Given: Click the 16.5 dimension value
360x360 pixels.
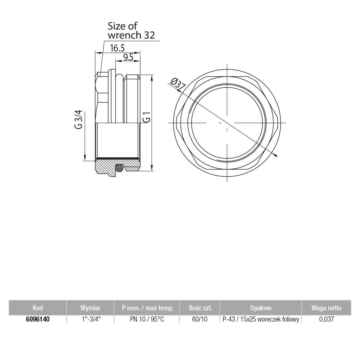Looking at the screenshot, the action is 117,48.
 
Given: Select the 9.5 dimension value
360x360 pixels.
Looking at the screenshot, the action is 128,57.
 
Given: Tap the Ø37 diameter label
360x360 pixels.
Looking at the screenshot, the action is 178,84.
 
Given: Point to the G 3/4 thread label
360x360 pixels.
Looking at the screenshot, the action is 78,119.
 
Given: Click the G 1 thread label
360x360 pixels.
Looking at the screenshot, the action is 147,117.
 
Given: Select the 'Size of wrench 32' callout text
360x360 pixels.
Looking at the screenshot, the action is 131,30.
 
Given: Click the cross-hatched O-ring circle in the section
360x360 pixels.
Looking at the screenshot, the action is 119,168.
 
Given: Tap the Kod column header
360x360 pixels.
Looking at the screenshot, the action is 38,308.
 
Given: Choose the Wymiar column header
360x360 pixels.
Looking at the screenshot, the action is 91,308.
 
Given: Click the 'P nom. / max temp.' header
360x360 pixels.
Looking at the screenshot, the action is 148,308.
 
